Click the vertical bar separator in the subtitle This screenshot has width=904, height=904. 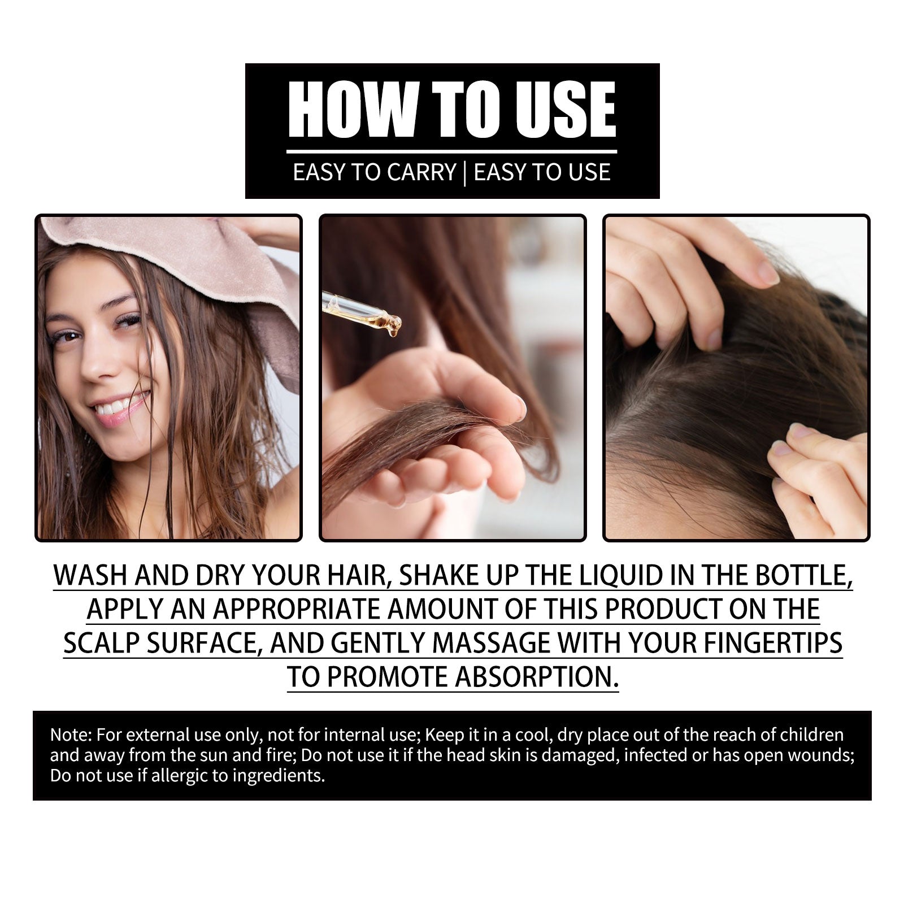[464, 172]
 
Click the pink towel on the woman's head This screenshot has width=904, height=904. [186, 249]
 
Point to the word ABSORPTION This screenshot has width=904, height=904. [537, 677]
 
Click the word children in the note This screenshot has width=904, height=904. [811, 735]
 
